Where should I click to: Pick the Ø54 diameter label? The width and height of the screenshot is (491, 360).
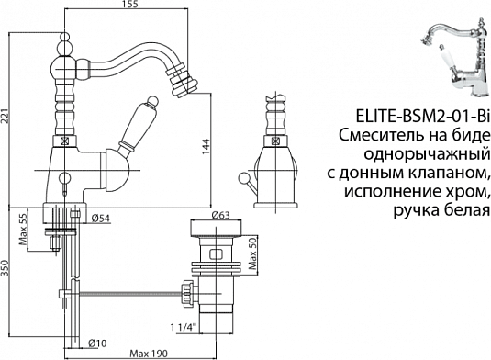102,219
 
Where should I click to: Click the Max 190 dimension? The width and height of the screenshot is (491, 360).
150,353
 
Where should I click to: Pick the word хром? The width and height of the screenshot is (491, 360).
466,193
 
